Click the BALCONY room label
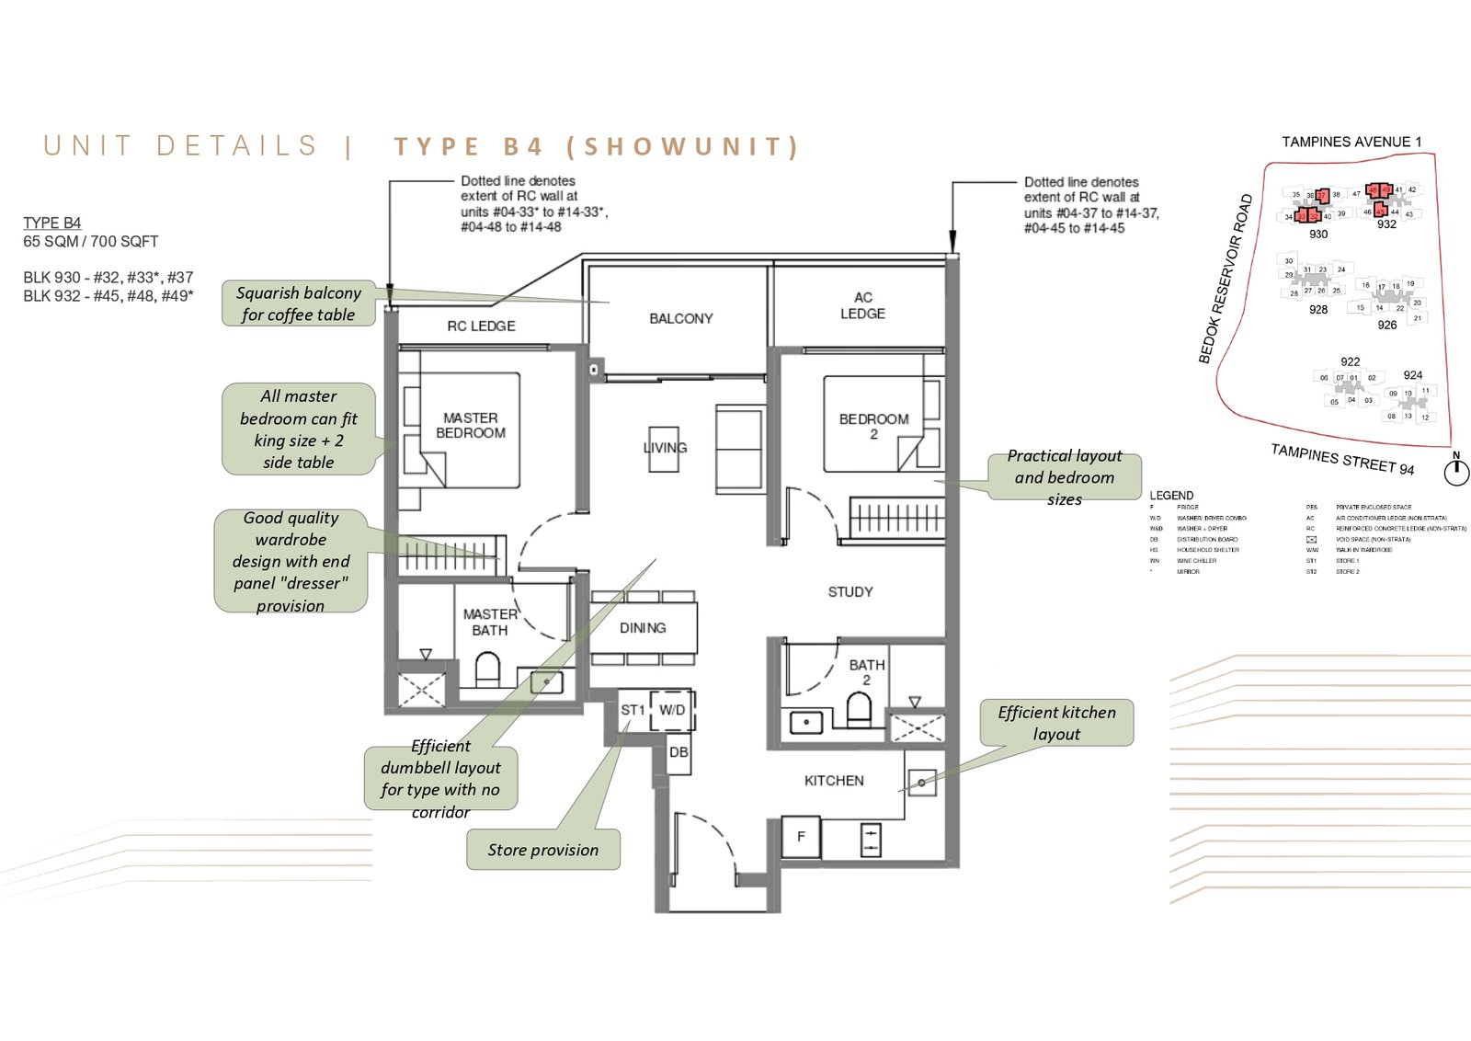680,318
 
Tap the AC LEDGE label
862,305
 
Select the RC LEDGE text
481,326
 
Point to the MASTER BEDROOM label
470,425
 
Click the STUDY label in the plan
850,591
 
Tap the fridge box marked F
801,837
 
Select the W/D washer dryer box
672,710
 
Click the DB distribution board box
678,752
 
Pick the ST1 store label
633,710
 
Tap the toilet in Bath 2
858,710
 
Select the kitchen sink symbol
921,783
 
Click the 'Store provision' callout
542,850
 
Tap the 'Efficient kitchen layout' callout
1056,723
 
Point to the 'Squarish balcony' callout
298,303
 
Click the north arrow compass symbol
1456,472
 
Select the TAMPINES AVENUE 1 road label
1351,142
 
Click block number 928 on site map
1318,310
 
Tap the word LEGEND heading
1171,495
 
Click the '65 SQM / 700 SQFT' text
91,241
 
